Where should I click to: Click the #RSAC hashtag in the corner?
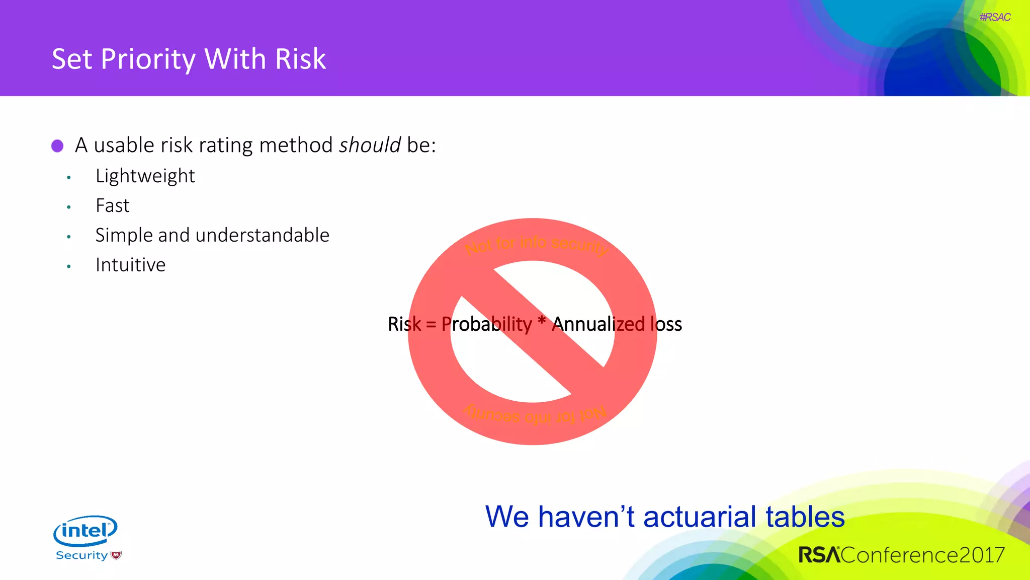tap(995, 17)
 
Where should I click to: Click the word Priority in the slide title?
tap(148, 59)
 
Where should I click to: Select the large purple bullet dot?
tap(57, 146)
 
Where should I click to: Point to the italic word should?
tap(370, 146)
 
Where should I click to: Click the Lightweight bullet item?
tap(145, 176)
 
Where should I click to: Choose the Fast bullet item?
tap(112, 205)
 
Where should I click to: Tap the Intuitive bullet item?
tap(130, 265)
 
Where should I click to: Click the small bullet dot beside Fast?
tap(69, 207)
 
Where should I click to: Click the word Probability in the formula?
tap(486, 324)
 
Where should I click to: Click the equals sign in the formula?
tap(431, 325)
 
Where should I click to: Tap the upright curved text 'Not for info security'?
tap(536, 244)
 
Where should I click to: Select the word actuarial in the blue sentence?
tap(701, 517)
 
